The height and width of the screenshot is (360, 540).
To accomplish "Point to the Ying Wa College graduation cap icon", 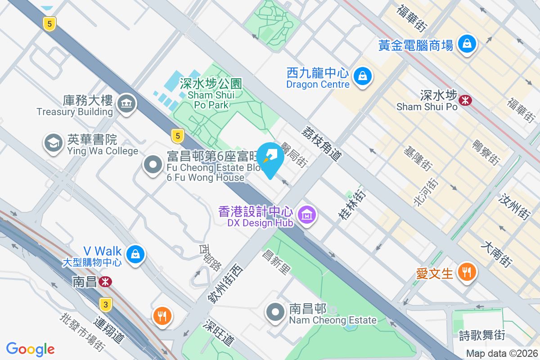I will [x=54, y=143].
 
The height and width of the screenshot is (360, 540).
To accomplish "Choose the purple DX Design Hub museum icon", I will [x=307, y=214].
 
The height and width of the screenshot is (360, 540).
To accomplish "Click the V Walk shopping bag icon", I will [x=135, y=254].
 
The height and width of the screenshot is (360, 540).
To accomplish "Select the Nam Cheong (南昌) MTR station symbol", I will [x=106, y=282].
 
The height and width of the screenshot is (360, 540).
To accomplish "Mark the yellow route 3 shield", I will [x=106, y=305].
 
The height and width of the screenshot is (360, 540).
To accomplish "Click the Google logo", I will [x=31, y=349].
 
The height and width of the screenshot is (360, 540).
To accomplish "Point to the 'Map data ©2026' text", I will [x=502, y=354].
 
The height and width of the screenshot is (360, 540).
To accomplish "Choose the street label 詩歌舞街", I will [x=482, y=335].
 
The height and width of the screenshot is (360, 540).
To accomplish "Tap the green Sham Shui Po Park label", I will [x=211, y=94].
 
